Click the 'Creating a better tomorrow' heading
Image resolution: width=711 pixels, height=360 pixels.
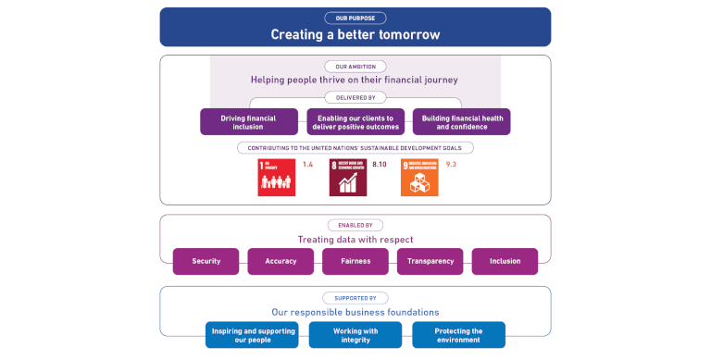tap(355, 34)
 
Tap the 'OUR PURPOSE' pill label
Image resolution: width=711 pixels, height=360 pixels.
tap(355, 18)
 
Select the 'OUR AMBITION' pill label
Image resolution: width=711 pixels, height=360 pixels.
tap(355, 66)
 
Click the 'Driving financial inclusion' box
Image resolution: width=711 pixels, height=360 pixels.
tap(249, 121)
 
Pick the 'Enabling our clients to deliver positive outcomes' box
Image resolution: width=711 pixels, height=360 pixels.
tap(355, 121)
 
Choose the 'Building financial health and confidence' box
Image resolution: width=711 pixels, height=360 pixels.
tap(461, 121)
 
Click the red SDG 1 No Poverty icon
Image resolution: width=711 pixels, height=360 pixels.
tap(276, 178)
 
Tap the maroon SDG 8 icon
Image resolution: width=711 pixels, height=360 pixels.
tap(348, 178)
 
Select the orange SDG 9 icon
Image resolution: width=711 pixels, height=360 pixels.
tap(419, 178)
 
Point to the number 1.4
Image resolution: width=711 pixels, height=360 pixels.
tap(307, 165)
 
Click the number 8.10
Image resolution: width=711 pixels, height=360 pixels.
tap(380, 165)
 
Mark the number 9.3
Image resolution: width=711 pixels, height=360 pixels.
tap(451, 165)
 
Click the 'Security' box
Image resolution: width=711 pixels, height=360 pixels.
tap(206, 261)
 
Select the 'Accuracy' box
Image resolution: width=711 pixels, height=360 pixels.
tap(281, 261)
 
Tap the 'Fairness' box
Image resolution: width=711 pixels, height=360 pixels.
tap(355, 261)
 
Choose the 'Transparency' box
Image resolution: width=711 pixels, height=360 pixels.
tap(430, 261)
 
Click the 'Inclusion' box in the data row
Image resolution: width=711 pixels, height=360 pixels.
tap(505, 261)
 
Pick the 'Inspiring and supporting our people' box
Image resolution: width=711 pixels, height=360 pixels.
tap(252, 334)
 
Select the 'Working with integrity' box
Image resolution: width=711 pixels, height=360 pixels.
tap(355, 334)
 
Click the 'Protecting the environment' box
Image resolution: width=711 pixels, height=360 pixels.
tap(458, 334)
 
